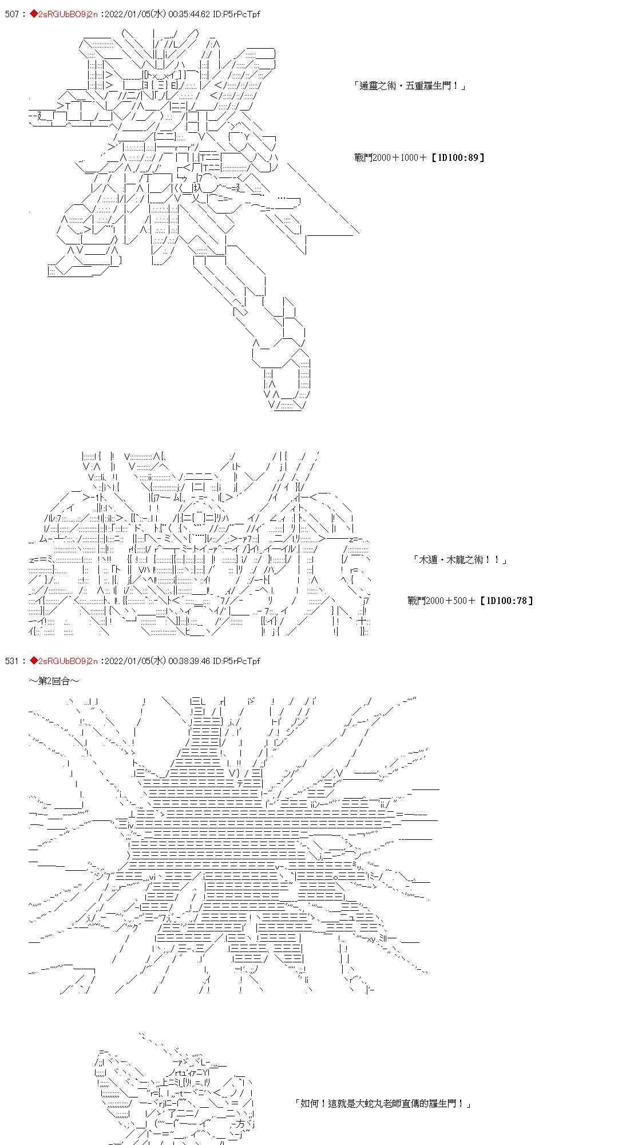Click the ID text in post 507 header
[x=236, y=14]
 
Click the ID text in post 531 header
[x=236, y=661]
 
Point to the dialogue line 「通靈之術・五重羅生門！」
[x=410, y=86]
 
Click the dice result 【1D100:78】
[x=506, y=601]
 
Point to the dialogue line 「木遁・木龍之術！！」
[x=460, y=560]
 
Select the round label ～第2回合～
[x=54, y=681]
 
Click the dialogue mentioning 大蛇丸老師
[x=382, y=1103]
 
